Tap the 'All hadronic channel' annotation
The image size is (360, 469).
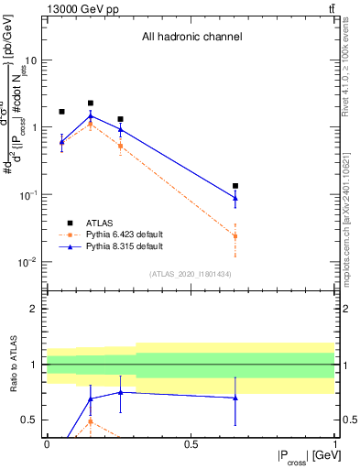coord(191,38)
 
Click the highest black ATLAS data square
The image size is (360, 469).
coord(91,104)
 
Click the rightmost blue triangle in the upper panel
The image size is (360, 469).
coord(235,197)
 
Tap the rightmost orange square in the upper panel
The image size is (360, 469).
coord(235,236)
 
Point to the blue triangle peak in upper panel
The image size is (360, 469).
coord(91,116)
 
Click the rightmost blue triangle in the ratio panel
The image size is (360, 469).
coord(235,398)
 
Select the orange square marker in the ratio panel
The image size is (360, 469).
coord(91,420)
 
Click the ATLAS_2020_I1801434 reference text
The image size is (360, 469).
coord(191,274)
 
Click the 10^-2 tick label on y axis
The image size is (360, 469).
coord(28,262)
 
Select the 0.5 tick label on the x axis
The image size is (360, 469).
coord(191,444)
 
